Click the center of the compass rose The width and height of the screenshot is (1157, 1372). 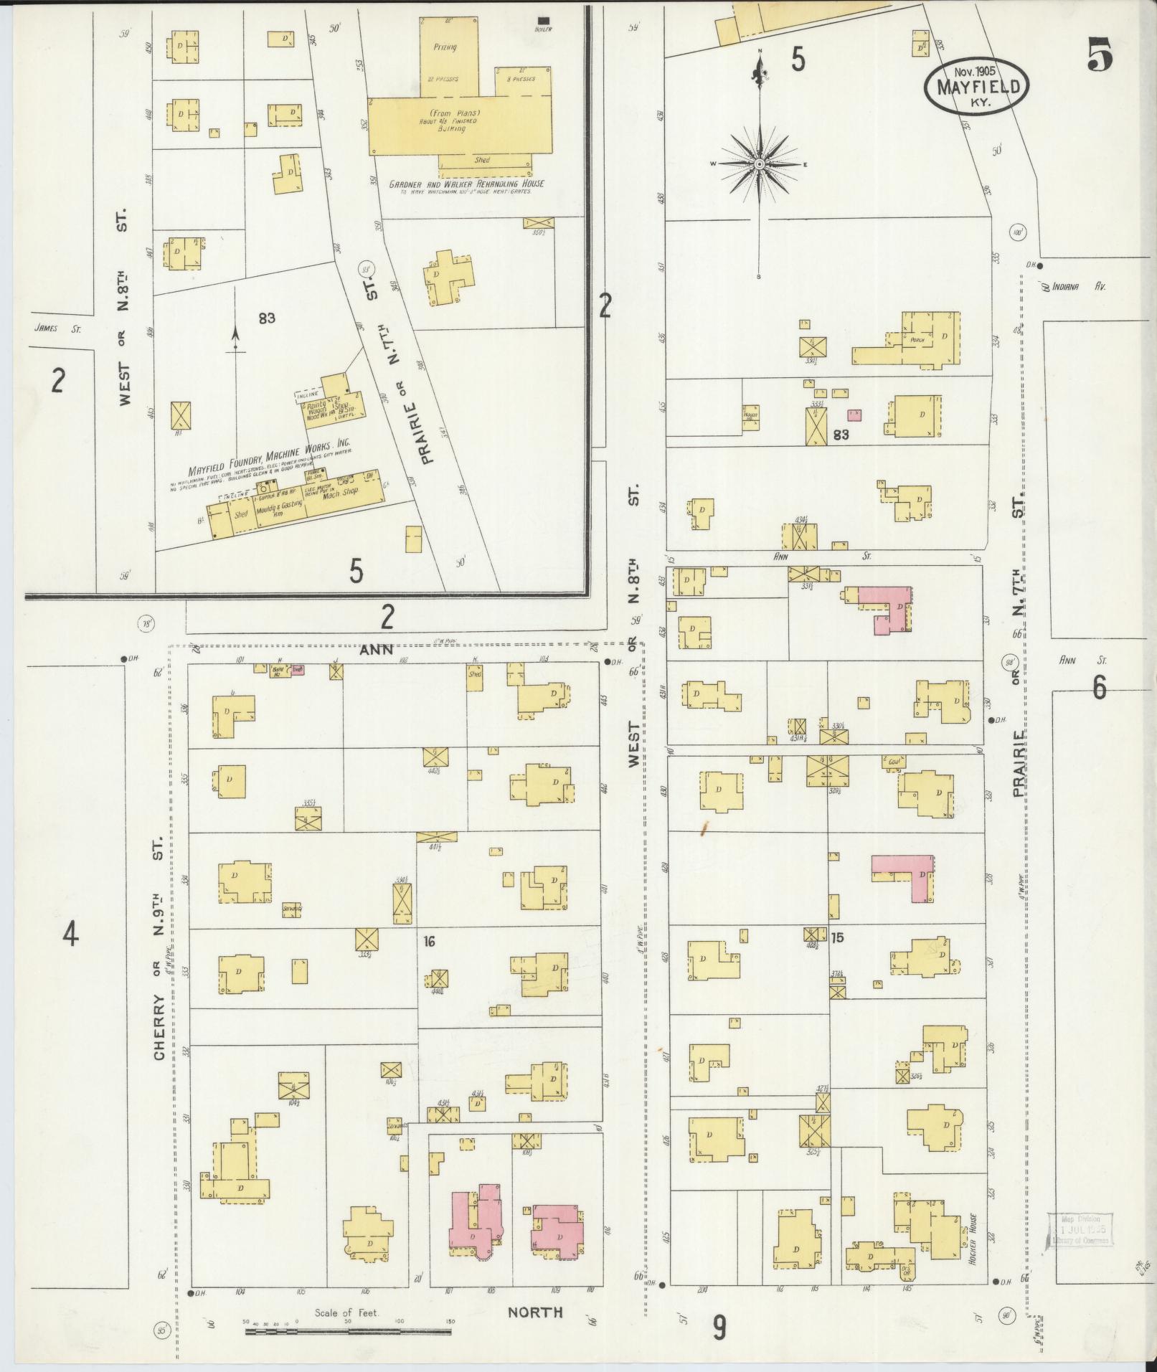759,165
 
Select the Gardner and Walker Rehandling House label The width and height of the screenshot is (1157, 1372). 466,184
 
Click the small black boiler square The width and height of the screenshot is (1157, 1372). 544,19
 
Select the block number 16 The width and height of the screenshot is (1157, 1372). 430,941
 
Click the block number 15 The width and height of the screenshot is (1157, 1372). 837,937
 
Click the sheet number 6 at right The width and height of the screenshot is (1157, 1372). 1099,688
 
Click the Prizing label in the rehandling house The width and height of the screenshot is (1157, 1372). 444,47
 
